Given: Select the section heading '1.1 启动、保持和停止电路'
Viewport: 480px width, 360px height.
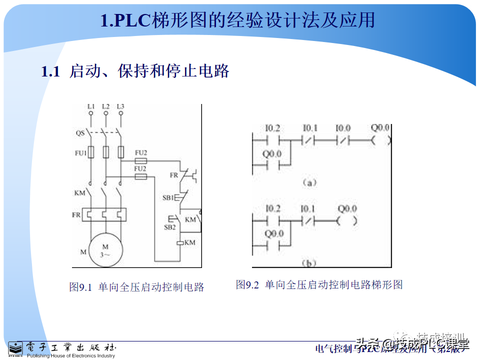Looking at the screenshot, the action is click(x=135, y=71).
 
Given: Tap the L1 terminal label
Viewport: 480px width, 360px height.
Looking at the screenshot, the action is click(x=90, y=106).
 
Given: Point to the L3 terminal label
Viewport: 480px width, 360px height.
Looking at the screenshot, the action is click(x=120, y=106).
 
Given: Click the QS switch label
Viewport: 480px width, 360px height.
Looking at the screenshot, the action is click(x=80, y=133).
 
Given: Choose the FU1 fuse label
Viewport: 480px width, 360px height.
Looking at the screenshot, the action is click(x=80, y=152).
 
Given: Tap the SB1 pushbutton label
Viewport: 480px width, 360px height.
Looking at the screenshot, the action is click(x=167, y=197).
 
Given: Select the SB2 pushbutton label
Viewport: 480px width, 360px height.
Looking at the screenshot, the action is click(x=170, y=227).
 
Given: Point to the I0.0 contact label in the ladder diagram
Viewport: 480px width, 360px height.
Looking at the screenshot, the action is click(x=343, y=128).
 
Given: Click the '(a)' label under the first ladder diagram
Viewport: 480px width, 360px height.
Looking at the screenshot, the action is click(x=310, y=183).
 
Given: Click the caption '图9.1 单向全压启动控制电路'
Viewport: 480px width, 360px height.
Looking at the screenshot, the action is click(x=136, y=287).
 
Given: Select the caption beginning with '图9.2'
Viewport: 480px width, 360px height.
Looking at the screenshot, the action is click(x=319, y=285).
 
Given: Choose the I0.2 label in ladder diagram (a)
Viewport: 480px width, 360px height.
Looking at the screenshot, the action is click(x=273, y=128).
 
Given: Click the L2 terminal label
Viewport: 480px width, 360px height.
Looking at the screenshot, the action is click(x=105, y=106).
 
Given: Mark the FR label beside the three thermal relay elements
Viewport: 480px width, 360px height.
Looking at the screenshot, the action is click(x=76, y=214).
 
